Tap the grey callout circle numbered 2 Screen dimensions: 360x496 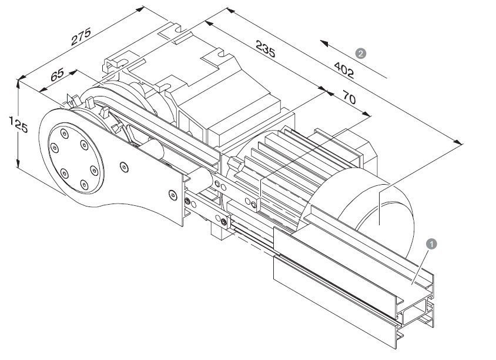[x=361, y=53]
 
